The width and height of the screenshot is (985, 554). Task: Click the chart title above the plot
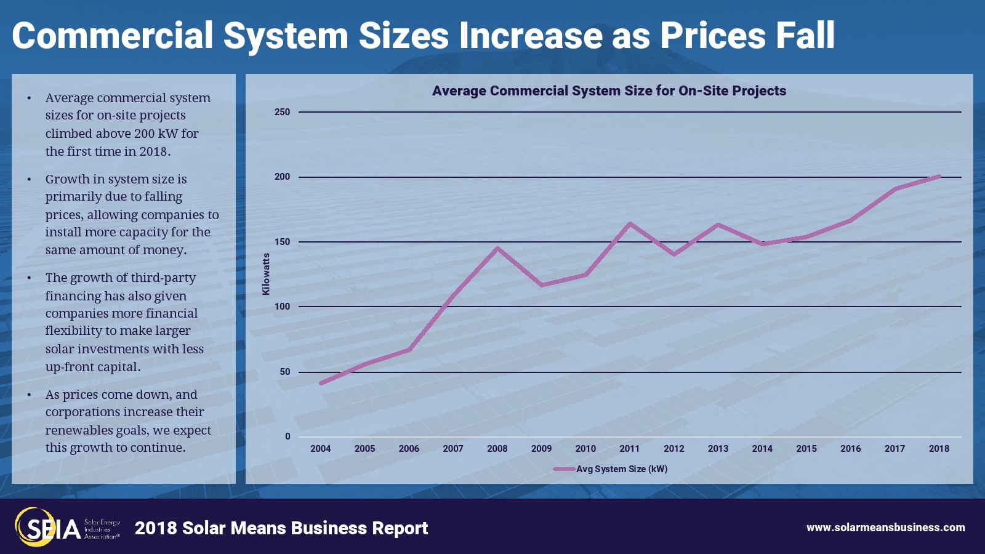click(609, 91)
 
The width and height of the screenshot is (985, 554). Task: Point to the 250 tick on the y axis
click(282, 112)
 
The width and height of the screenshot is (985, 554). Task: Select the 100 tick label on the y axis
click(282, 307)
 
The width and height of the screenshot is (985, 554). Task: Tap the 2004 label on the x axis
click(320, 449)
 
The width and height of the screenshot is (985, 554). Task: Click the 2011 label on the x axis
click(629, 449)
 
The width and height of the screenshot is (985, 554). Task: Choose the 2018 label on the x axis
click(939, 449)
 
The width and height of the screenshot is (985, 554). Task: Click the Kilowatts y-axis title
click(266, 274)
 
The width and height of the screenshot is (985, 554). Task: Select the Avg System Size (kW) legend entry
click(621, 469)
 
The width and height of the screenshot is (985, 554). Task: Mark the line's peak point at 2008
click(497, 248)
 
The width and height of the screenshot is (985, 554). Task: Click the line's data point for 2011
click(630, 223)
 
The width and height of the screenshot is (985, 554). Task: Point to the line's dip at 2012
click(674, 254)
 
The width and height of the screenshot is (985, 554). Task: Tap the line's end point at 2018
click(939, 176)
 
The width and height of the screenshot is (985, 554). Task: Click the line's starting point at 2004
click(321, 383)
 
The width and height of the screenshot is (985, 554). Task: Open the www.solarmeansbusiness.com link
click(885, 528)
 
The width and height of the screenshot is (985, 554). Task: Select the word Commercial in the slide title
click(112, 35)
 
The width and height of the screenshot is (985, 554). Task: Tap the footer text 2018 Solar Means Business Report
click(281, 528)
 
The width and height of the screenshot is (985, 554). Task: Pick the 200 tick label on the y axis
click(282, 177)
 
